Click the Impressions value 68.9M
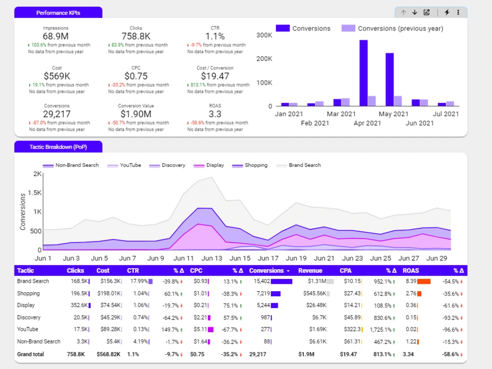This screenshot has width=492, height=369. pos(56,36)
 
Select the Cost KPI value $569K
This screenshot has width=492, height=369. pos(57,76)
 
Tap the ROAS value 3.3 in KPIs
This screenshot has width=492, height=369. pos(215,114)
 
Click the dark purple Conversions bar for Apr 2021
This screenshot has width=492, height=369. pos(364,73)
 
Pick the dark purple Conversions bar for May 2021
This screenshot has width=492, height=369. pos(389,79)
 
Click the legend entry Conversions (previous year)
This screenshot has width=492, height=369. pos(393,29)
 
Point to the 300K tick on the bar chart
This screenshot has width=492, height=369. pos(265,35)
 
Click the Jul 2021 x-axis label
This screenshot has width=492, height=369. pos(445,114)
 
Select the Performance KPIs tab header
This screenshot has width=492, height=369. pos(59,13)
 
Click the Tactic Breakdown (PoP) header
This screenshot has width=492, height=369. pos(59,147)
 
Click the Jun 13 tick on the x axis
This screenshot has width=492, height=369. pos(212,258)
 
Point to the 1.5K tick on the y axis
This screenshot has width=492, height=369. pos(34,193)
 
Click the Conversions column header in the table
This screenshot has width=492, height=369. pos(266,271)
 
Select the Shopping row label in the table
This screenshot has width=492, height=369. pos(28,294)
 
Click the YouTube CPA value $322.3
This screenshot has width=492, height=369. pos(351,330)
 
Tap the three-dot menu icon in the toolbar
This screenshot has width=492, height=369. pos(458,12)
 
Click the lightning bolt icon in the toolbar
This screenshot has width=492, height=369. pos(447,12)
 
